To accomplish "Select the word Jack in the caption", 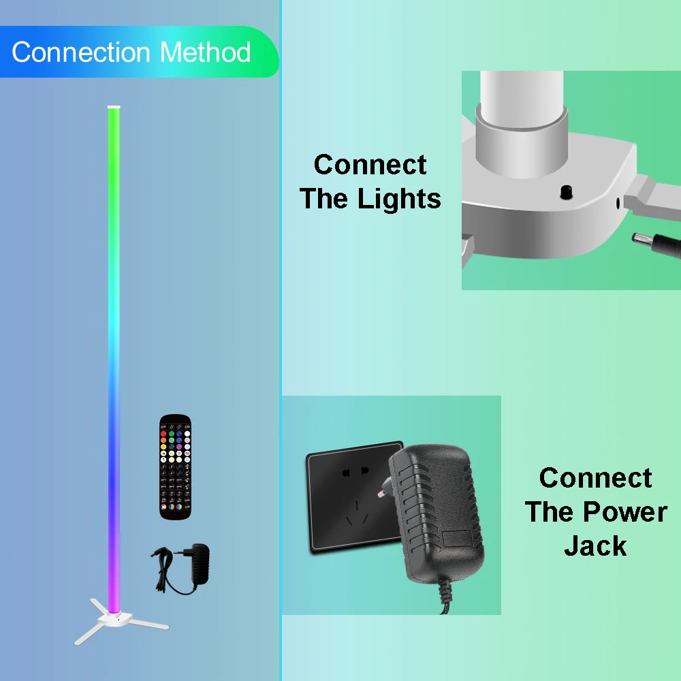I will point(595,545).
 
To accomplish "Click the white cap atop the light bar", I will point(113,107).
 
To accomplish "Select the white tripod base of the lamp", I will point(116,621).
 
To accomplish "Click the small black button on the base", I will point(565,193).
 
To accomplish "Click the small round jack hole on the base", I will point(618,203).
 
